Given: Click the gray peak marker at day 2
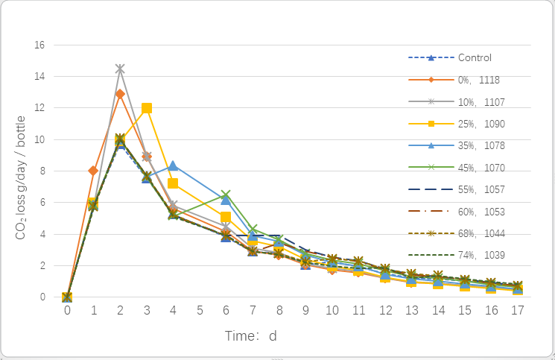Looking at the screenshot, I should (120, 69).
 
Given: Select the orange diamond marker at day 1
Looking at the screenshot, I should (93, 171).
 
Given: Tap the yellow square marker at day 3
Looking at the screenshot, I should (147, 108).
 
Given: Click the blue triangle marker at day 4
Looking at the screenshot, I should (173, 165).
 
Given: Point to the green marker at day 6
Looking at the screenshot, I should (226, 195).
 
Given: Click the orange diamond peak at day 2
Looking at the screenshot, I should (120, 94).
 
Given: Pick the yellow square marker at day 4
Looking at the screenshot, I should (173, 183).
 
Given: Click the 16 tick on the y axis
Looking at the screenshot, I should (39, 45).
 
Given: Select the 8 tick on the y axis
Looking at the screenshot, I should (42, 171).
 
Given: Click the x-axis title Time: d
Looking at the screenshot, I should (251, 336).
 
